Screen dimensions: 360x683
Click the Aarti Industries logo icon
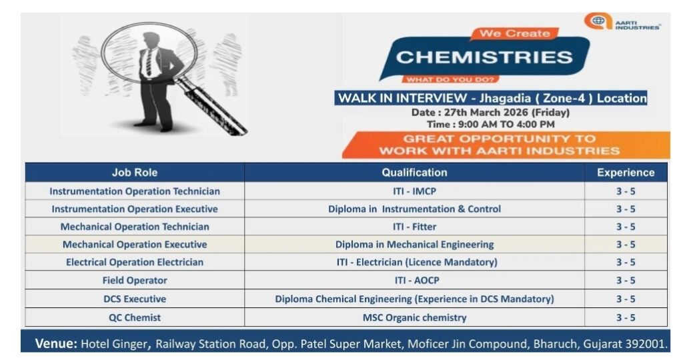point(598,21)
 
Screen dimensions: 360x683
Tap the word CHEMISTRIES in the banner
point(484,57)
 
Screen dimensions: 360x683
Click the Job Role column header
point(135,173)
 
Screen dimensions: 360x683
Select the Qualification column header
point(414,173)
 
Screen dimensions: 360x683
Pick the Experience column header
point(626,173)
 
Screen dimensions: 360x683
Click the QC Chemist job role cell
point(135,317)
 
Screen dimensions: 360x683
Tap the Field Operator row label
point(135,281)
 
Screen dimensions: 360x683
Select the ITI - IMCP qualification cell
point(414,191)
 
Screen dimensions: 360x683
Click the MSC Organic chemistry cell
point(414,317)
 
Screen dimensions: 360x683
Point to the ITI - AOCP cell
point(414,281)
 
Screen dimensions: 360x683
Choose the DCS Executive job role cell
point(135,299)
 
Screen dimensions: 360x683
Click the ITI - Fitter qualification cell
point(414,227)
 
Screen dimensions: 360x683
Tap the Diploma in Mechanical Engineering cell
point(414,245)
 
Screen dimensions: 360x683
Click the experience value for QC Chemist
point(626,317)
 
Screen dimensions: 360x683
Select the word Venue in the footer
point(56,344)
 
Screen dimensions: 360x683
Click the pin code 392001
point(648,345)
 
